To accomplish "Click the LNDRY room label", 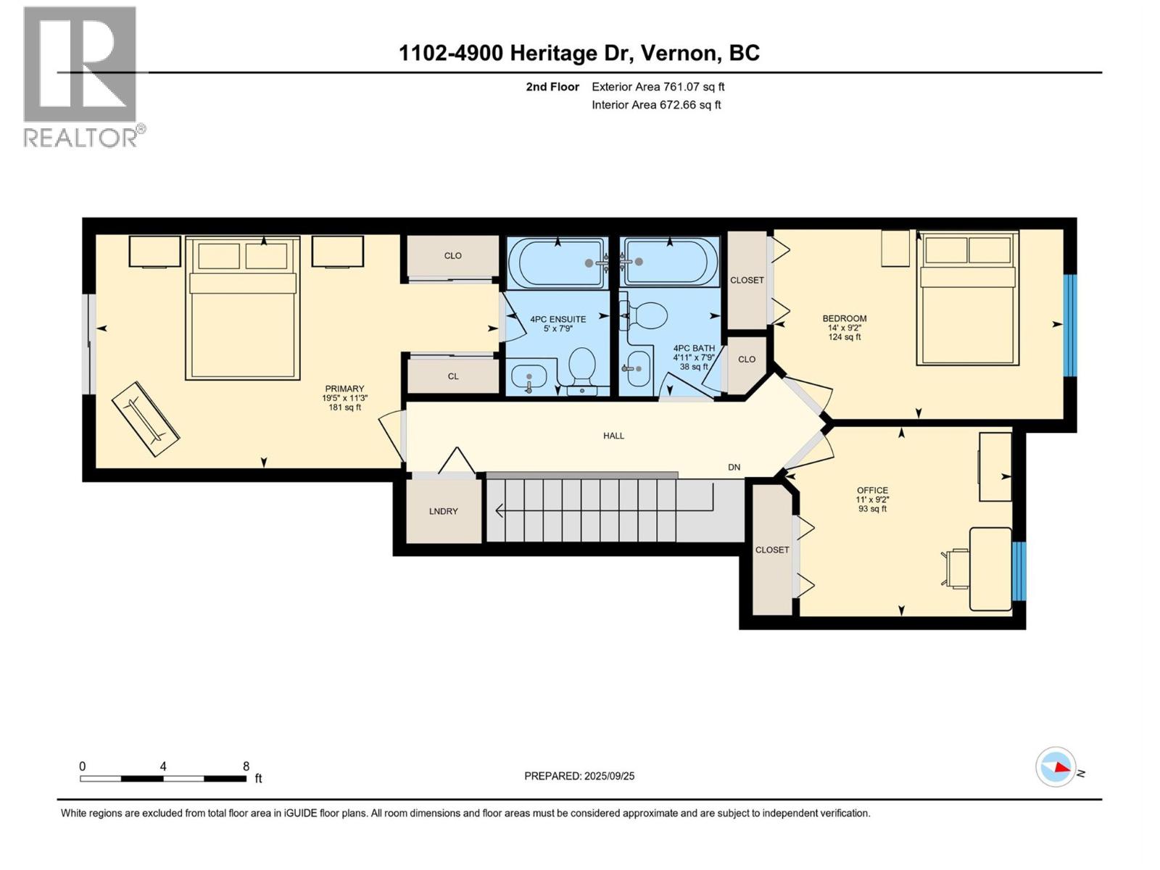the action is click(443, 511).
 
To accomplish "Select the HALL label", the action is click(613, 436).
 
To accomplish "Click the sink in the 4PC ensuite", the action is click(529, 377).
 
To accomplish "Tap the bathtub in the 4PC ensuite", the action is click(558, 262).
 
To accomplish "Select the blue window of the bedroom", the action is click(1069, 325).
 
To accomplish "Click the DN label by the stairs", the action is click(734, 468).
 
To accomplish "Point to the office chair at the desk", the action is click(956, 568).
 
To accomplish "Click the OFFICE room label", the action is click(872, 490).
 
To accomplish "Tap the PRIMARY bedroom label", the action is click(344, 389).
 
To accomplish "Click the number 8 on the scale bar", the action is click(246, 766).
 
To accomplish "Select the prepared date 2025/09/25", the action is click(609, 776).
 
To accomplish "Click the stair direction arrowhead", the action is click(499, 511).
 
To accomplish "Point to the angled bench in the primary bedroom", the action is click(146, 419).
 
